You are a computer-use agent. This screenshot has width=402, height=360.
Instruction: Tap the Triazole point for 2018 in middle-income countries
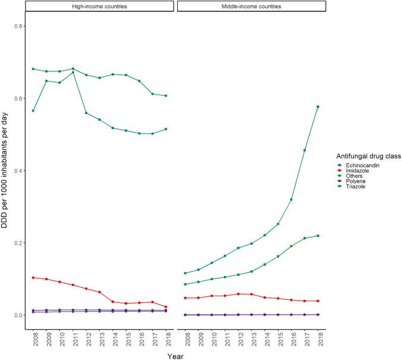click(318, 107)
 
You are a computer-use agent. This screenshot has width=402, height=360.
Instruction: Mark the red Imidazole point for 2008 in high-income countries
click(33, 278)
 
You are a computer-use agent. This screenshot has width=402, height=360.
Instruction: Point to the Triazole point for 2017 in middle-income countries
click(305, 150)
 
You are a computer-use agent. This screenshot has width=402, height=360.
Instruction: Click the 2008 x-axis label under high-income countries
click(34, 340)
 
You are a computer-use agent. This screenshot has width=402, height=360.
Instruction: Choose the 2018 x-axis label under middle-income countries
click(319, 340)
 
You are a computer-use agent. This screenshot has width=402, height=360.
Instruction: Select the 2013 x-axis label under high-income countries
click(100, 340)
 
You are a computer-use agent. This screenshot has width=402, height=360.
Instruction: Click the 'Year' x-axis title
click(175, 355)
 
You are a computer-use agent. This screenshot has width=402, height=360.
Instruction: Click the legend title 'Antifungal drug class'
click(363, 156)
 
